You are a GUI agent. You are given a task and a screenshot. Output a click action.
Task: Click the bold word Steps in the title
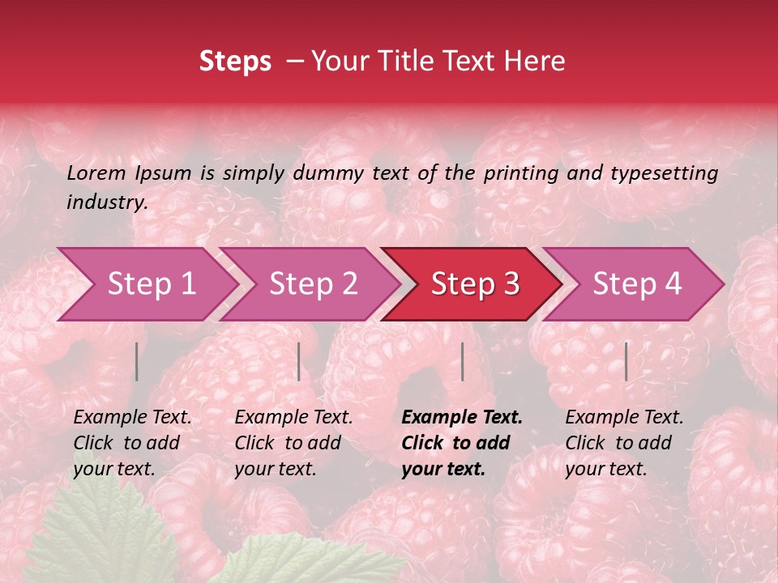click(235, 62)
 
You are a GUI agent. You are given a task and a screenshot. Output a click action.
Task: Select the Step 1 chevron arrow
click(146, 284)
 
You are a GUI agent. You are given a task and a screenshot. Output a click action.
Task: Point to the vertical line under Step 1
click(137, 361)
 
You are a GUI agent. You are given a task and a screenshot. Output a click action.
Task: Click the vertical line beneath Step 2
click(299, 361)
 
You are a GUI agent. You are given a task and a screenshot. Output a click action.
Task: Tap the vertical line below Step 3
click(462, 361)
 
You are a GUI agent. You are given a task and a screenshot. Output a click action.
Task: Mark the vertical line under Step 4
click(626, 361)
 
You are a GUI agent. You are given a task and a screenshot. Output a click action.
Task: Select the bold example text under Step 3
click(461, 443)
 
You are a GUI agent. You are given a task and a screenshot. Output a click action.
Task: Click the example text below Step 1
click(132, 443)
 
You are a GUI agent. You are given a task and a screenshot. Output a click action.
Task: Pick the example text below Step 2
click(293, 443)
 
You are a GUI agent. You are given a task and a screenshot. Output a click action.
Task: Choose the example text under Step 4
click(624, 443)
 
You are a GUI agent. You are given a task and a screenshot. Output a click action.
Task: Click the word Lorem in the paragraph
click(96, 173)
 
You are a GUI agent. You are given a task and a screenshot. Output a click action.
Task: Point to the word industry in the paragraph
click(106, 202)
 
